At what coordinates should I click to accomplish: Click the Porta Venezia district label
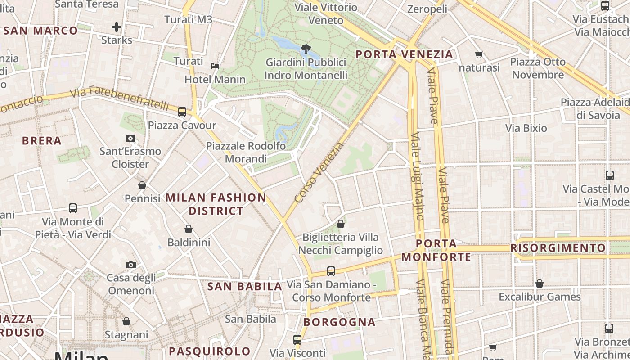(404, 55)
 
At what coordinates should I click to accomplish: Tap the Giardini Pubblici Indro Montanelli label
(306, 69)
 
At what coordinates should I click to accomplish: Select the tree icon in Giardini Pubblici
(306, 49)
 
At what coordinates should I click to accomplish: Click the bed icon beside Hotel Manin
(216, 66)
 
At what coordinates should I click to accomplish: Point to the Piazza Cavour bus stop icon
(182, 112)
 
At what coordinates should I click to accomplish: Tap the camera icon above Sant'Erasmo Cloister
(130, 138)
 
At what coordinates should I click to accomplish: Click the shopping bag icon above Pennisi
(142, 185)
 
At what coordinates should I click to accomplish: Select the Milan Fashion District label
(216, 204)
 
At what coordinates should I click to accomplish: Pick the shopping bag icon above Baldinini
(189, 229)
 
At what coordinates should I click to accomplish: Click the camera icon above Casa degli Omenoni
(131, 265)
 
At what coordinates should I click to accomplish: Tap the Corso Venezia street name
(319, 172)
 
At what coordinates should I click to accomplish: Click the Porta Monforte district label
(436, 250)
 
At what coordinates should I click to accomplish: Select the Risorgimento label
(558, 248)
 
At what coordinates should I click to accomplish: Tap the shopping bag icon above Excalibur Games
(539, 283)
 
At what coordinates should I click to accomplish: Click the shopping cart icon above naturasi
(479, 55)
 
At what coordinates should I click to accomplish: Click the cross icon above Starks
(117, 27)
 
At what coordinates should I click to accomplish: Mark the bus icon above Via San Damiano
(331, 271)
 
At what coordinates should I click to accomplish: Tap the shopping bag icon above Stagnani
(126, 321)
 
